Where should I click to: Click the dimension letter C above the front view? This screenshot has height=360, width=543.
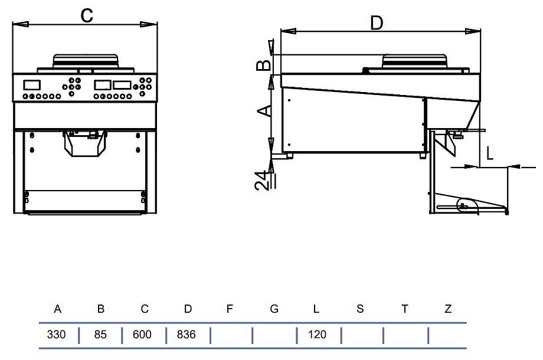click(87, 15)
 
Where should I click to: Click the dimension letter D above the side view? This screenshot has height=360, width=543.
click(377, 22)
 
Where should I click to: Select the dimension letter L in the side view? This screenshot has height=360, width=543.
click(489, 154)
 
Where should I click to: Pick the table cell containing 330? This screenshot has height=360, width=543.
click(57, 335)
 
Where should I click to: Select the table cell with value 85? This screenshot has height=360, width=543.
click(100, 335)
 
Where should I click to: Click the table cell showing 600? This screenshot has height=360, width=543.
click(142, 335)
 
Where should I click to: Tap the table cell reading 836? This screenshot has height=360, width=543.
click(187, 335)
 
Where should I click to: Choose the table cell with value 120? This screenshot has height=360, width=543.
click(317, 335)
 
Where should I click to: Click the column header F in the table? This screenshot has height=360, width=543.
click(230, 309)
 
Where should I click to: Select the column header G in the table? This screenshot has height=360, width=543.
click(274, 309)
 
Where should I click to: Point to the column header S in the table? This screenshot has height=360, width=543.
click(360, 309)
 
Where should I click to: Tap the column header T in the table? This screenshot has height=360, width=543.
click(404, 309)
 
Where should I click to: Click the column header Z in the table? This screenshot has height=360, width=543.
click(448, 309)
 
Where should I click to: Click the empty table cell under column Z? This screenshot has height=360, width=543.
click(447, 335)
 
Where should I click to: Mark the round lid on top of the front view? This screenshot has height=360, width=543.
click(86, 61)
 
